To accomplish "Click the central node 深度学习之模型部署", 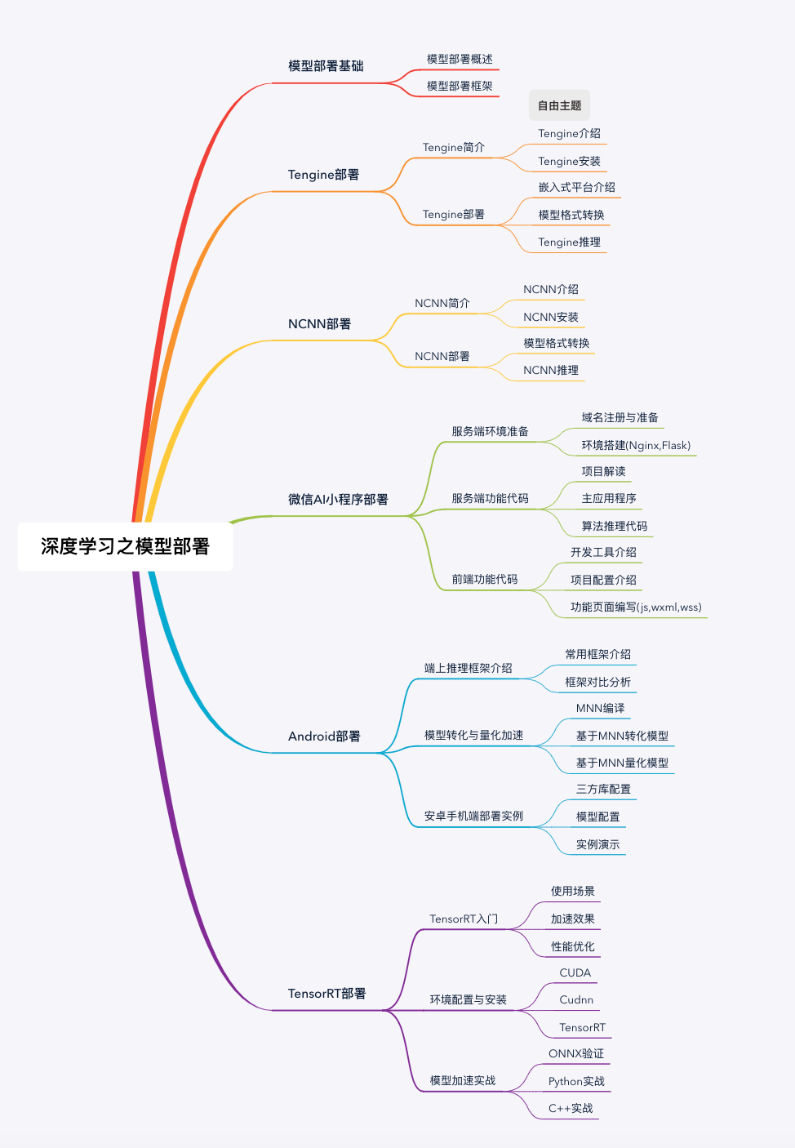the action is tap(125, 546).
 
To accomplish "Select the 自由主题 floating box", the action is tap(559, 105).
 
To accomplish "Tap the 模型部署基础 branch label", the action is tap(326, 66).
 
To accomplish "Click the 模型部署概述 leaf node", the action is tap(460, 59).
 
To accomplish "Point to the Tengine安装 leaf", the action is tap(569, 161).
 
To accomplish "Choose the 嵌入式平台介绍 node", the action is tap(576, 187).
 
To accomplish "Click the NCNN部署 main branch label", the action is tap(319, 324).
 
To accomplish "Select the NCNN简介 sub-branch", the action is tap(442, 303).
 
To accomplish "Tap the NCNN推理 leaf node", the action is tap(550, 370).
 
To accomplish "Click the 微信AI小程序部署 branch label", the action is tap(338, 500).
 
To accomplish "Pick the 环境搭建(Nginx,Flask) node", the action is tap(636, 445).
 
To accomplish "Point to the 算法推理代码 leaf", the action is tap(614, 526).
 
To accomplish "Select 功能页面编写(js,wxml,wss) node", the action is tap(636, 607).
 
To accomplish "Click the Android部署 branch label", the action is tap(324, 736).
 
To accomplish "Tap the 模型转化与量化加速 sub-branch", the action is tap(473, 735).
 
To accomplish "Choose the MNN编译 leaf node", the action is tap(600, 708).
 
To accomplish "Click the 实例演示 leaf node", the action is tap(597, 844).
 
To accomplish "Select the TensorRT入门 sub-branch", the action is tap(464, 919).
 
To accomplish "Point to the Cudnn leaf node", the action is tap(576, 999).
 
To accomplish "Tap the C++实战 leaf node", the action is tap(571, 1108).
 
